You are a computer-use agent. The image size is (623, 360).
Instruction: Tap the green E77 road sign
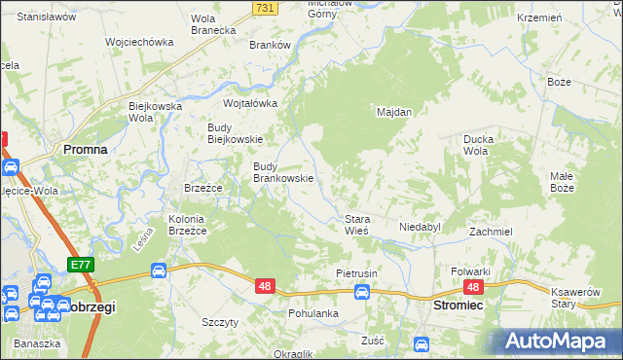[x=80, y=265]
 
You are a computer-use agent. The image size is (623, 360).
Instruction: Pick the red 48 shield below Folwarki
[x=473, y=287]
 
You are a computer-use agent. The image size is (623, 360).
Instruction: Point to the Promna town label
[x=85, y=150]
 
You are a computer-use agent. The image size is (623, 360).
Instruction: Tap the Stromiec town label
[x=458, y=305]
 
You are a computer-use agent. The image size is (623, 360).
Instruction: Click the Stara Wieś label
[x=355, y=225]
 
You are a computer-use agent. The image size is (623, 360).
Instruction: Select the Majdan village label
[x=394, y=112]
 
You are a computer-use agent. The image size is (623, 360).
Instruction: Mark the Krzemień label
[x=568, y=18]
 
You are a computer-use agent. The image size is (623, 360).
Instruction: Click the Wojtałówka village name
[x=250, y=103]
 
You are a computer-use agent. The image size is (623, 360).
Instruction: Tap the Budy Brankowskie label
[x=283, y=172]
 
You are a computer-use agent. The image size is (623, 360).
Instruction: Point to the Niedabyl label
[x=421, y=227]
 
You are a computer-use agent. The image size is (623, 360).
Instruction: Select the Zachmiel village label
[x=491, y=233]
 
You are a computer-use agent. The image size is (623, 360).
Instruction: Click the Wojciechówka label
[x=139, y=42]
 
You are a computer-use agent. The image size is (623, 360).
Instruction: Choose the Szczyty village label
[x=219, y=322]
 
